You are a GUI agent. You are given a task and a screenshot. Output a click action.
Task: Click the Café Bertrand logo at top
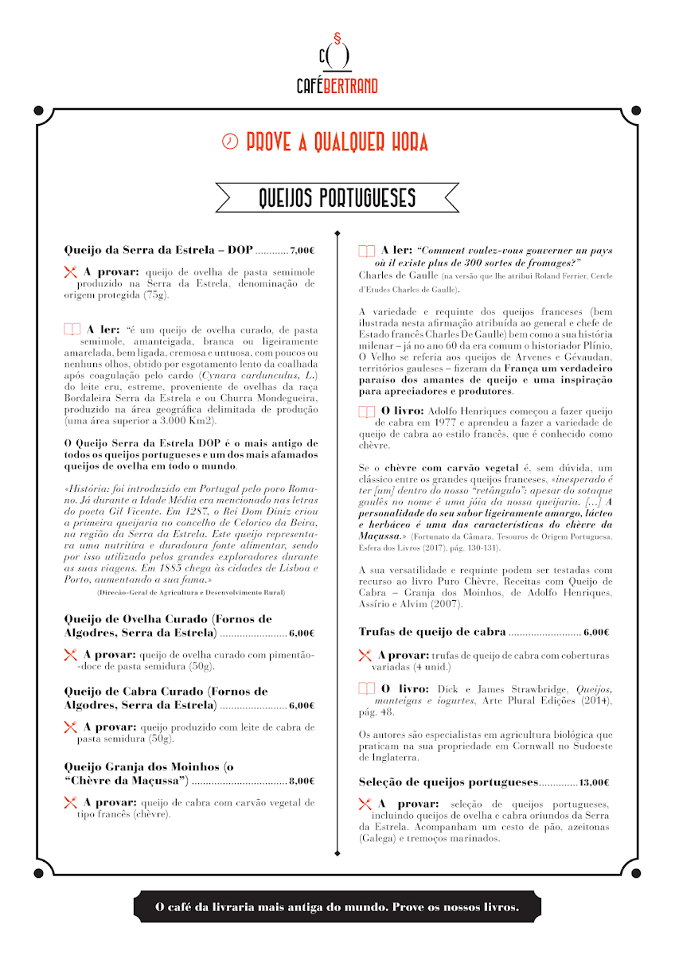point(337,64)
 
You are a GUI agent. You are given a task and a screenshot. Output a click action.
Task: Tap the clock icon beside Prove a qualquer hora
point(230,142)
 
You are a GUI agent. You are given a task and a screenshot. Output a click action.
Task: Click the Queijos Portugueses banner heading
point(337,197)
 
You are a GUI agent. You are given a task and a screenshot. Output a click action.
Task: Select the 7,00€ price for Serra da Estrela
point(303,250)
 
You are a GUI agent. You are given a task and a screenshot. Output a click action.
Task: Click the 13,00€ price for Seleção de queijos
point(595,782)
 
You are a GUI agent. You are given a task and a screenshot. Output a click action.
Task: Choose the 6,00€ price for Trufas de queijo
point(596,633)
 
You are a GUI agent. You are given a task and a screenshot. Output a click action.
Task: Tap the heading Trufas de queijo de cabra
point(432,632)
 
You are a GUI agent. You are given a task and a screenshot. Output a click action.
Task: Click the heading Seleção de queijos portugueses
point(449,782)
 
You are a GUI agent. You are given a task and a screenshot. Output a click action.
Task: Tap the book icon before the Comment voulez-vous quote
point(367,251)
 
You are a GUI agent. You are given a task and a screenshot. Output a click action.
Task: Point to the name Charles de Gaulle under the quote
point(393,275)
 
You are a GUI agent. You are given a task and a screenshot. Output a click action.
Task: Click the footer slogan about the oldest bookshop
point(337,906)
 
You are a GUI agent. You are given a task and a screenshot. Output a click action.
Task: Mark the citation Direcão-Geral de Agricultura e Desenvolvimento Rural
point(191,593)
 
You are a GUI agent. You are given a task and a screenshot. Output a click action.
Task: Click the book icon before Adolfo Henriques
point(367,411)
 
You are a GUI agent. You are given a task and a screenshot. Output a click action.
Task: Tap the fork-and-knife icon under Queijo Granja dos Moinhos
point(71,803)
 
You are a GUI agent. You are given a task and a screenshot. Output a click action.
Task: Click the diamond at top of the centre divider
point(337,233)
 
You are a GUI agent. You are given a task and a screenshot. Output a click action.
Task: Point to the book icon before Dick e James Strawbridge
point(367,688)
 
